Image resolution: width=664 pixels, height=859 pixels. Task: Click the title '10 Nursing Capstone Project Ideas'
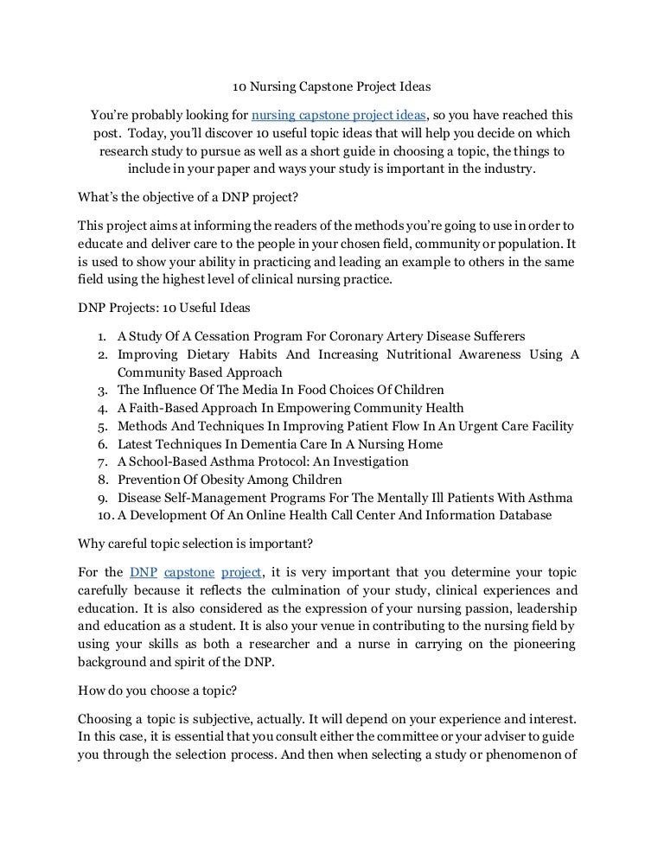pos(332,87)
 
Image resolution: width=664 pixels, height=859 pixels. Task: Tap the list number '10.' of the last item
pos(98,516)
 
